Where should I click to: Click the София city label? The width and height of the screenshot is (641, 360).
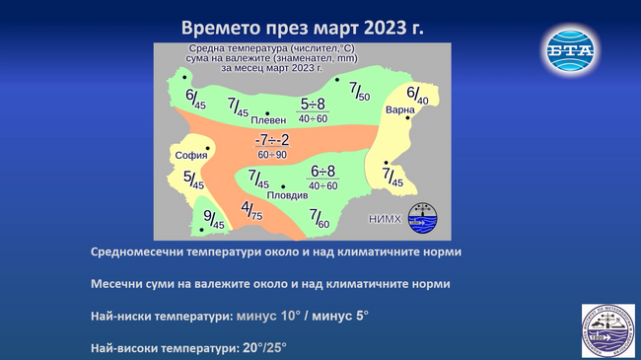190,155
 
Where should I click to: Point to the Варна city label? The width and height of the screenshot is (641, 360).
400,108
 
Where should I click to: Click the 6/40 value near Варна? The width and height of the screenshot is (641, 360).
417,95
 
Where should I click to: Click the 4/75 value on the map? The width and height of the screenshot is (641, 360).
251,210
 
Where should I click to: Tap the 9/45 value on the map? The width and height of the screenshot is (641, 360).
213,219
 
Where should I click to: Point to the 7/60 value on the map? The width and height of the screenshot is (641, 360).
319,218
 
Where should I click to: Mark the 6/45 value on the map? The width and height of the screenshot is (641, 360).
195,98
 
